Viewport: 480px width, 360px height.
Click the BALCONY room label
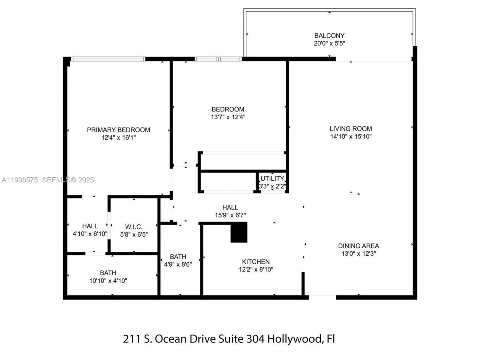pyautogui.click(x=329, y=36)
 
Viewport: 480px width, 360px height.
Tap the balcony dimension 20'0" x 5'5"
pyautogui.click(x=329, y=43)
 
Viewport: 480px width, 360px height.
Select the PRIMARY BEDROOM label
pyautogui.click(x=118, y=130)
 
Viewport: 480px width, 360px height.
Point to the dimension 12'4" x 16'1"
pyautogui.click(x=118, y=138)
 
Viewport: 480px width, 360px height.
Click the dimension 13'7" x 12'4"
pyautogui.click(x=228, y=117)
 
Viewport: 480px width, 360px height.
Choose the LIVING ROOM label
pyautogui.click(x=351, y=129)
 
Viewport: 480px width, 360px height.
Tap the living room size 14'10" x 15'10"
pyautogui.click(x=351, y=136)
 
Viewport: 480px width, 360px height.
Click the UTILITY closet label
pyautogui.click(x=272, y=178)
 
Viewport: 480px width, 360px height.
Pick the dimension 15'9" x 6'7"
pyautogui.click(x=230, y=215)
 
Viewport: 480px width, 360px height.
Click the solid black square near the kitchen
pyautogui.click(x=239, y=232)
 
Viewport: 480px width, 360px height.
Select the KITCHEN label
pyautogui.click(x=256, y=262)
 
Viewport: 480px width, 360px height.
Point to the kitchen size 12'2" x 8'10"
pyautogui.click(x=256, y=269)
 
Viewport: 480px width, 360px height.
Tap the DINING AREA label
pyautogui.click(x=358, y=246)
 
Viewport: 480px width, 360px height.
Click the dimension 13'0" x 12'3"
pyautogui.click(x=358, y=253)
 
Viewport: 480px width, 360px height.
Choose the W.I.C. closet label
pyautogui.click(x=134, y=227)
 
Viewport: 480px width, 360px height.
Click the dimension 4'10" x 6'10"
pyautogui.click(x=90, y=234)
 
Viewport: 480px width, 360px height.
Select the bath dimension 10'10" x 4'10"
pyautogui.click(x=108, y=280)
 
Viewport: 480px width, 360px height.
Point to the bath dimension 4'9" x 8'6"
pyautogui.click(x=178, y=264)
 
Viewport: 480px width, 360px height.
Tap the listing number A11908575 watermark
pyautogui.click(x=20, y=180)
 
